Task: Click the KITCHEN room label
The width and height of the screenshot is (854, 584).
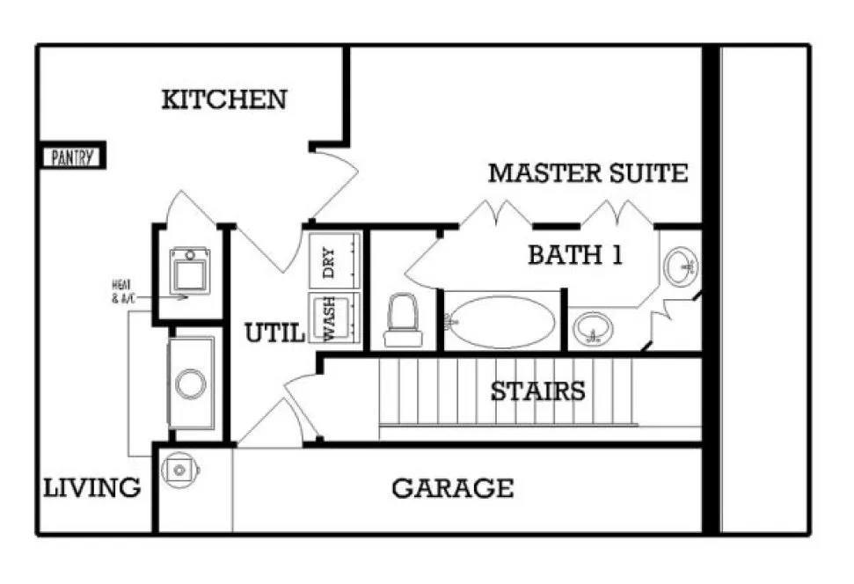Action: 224,99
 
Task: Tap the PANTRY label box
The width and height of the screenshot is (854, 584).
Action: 74,158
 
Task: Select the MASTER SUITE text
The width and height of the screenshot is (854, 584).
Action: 588,173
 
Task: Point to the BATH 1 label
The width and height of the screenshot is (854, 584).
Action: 575,255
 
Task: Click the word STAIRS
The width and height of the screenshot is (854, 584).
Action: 537,391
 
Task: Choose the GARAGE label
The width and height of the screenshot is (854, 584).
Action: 452,487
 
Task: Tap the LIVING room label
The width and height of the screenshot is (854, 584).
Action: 92,487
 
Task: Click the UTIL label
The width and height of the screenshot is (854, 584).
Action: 274,333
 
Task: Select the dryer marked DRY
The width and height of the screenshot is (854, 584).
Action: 334,260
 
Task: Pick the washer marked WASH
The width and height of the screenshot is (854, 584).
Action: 334,319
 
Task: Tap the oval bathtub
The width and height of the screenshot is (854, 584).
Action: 502,323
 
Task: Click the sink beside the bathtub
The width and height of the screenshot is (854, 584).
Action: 594,329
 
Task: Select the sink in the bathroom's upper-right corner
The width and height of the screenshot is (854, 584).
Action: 682,266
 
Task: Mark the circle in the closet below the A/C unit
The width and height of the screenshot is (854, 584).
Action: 191,383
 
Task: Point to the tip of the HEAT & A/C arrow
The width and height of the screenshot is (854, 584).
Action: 187,297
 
